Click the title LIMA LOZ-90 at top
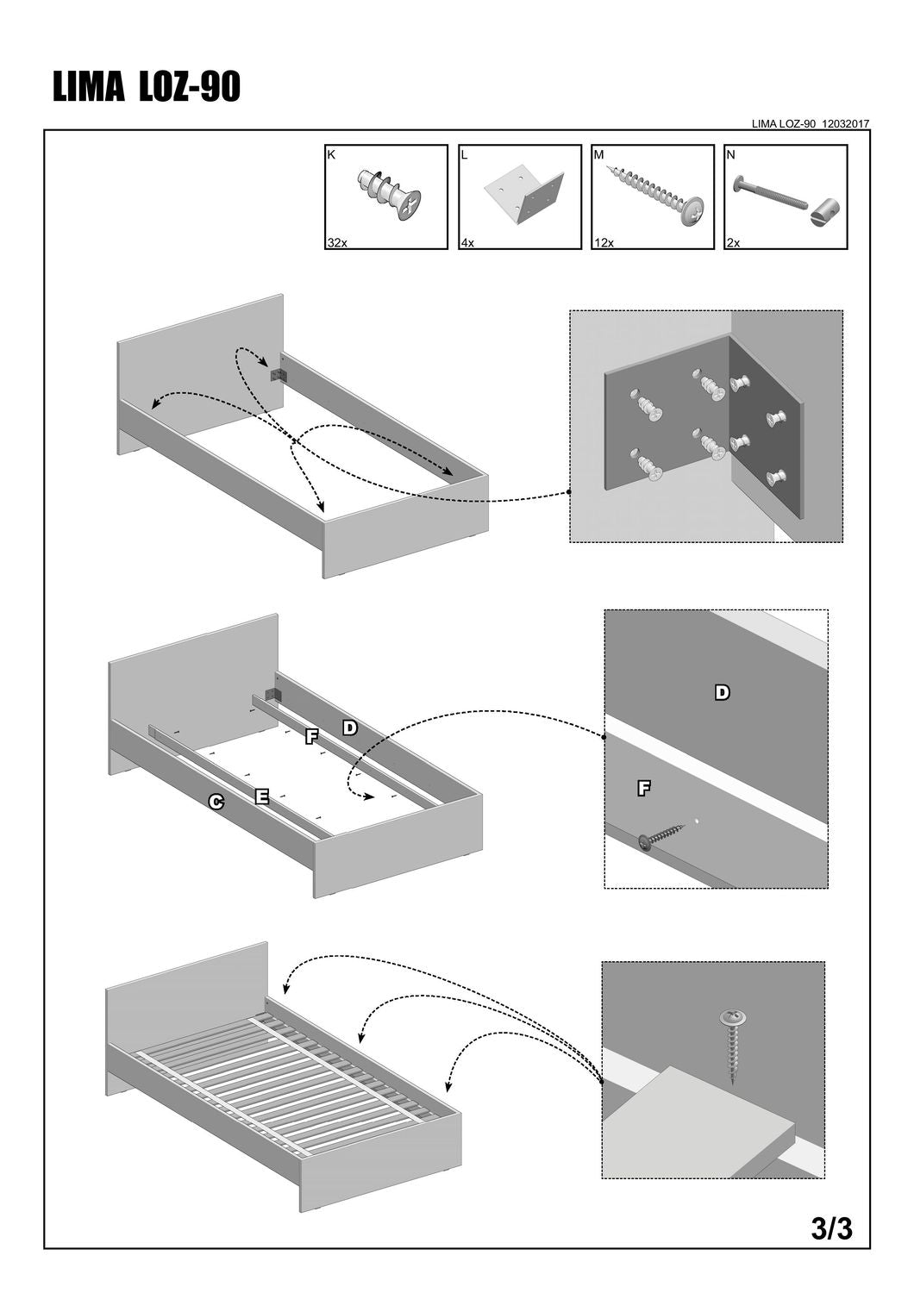(x=147, y=88)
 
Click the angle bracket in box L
(x=524, y=196)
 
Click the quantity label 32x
(x=336, y=243)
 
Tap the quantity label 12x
(x=604, y=243)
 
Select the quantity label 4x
(x=467, y=243)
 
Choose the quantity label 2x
(x=734, y=243)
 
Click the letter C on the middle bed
(x=217, y=803)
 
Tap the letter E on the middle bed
(x=262, y=796)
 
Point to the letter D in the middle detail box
(x=723, y=692)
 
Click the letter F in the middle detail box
(x=643, y=787)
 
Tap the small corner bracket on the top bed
(x=279, y=376)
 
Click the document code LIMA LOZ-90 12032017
(x=811, y=124)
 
